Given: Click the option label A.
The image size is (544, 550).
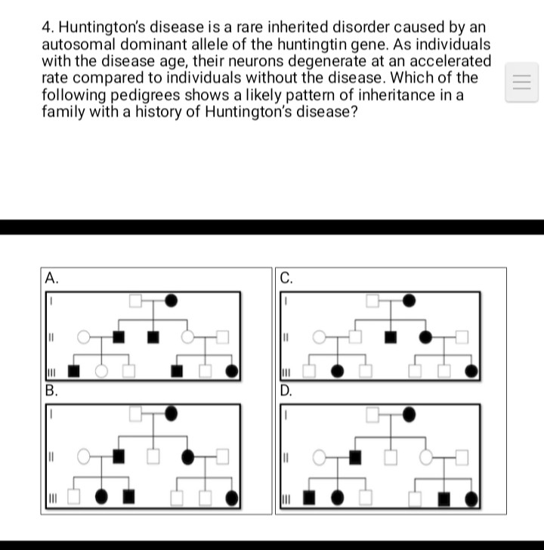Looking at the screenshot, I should click(x=51, y=277).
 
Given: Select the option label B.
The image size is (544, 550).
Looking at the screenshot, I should click(x=51, y=391).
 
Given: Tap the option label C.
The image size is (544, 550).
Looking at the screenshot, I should click(x=286, y=277).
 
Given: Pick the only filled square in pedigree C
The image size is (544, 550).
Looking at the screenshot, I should click(x=391, y=335).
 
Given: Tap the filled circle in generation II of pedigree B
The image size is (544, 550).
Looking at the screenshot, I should click(x=188, y=456).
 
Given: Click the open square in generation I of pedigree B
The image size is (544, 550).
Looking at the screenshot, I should click(x=135, y=413).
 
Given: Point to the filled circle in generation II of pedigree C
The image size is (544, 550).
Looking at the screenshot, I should click(x=425, y=335).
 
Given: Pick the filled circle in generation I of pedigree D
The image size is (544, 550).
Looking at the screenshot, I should click(x=409, y=414).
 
